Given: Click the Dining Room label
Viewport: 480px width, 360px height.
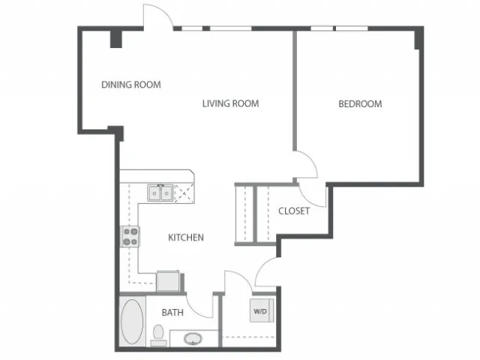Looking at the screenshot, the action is [x=131, y=85].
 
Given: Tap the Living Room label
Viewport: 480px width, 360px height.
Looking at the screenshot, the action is [x=230, y=103].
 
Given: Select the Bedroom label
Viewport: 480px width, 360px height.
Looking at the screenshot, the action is [x=360, y=103].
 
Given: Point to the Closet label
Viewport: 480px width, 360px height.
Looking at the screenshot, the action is [x=294, y=211].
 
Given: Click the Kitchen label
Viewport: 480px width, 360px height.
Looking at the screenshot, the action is [x=186, y=237].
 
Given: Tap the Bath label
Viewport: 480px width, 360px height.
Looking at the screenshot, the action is [x=172, y=313].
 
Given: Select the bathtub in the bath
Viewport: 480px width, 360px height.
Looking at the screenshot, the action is [x=132, y=322].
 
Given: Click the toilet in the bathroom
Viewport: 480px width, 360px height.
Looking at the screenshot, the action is [x=158, y=335].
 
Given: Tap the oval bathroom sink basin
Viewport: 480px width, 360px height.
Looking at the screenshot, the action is [x=193, y=339].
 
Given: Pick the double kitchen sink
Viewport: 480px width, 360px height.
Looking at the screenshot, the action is [x=160, y=193].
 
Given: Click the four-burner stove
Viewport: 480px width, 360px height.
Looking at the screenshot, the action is [x=130, y=237].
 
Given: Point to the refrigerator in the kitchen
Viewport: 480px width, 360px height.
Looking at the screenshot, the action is [x=168, y=281].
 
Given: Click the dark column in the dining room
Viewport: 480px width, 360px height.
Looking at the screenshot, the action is [x=116, y=39].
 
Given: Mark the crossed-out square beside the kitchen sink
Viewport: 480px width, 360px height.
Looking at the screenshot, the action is [x=184, y=193].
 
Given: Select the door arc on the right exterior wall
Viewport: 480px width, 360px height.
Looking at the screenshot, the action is [x=263, y=268].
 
